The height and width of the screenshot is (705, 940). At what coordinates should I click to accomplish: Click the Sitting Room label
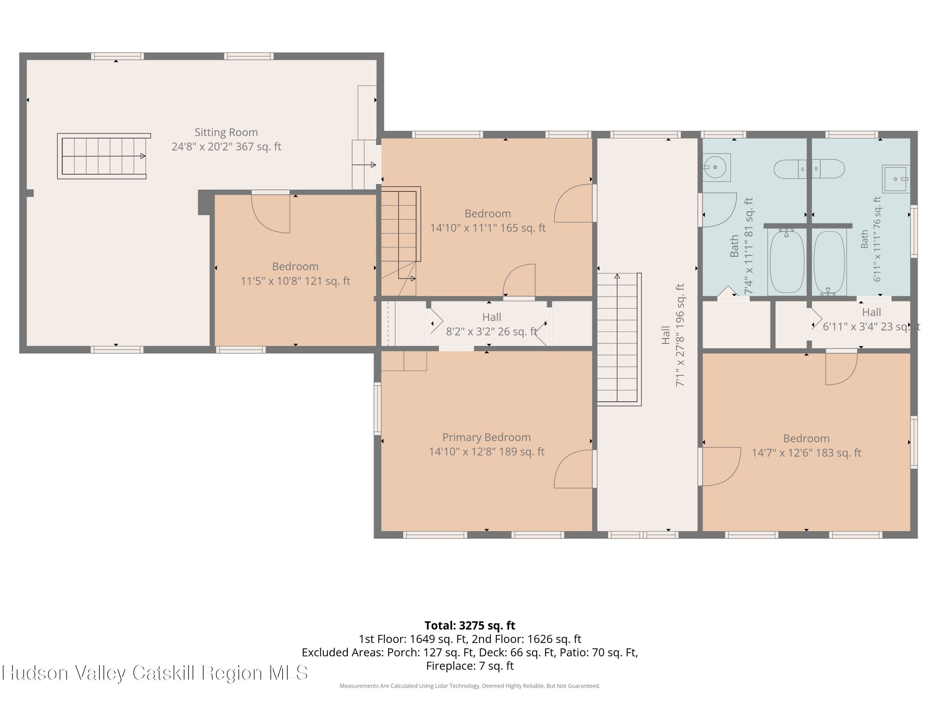[x=226, y=132]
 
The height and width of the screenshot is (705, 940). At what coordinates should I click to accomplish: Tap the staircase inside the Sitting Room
[x=104, y=156]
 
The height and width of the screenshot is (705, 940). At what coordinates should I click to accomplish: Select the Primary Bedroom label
[x=487, y=437]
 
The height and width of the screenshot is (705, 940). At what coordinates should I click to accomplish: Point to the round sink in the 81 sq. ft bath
[x=716, y=167]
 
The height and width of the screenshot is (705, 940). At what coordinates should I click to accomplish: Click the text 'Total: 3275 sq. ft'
[x=470, y=625]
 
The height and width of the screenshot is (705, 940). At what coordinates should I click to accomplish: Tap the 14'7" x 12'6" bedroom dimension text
[x=806, y=453]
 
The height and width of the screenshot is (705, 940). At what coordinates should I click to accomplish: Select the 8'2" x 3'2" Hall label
[x=492, y=317]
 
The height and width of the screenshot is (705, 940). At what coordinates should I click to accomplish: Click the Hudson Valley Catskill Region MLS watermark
[x=155, y=673]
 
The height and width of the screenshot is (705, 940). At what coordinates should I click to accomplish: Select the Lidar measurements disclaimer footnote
[x=470, y=686]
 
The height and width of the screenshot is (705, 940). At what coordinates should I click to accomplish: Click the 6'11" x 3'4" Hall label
[x=871, y=312]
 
